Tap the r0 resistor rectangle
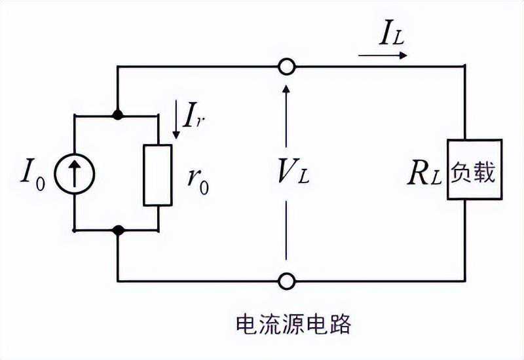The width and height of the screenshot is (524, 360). pyautogui.click(x=157, y=174)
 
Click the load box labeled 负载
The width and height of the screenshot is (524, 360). pyautogui.click(x=475, y=170)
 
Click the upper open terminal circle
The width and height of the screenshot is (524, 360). pyautogui.click(x=286, y=67)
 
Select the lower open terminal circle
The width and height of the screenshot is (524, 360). pyautogui.click(x=286, y=281)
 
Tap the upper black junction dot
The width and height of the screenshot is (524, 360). pyautogui.click(x=118, y=116)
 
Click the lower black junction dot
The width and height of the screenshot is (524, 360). pyautogui.click(x=118, y=230)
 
